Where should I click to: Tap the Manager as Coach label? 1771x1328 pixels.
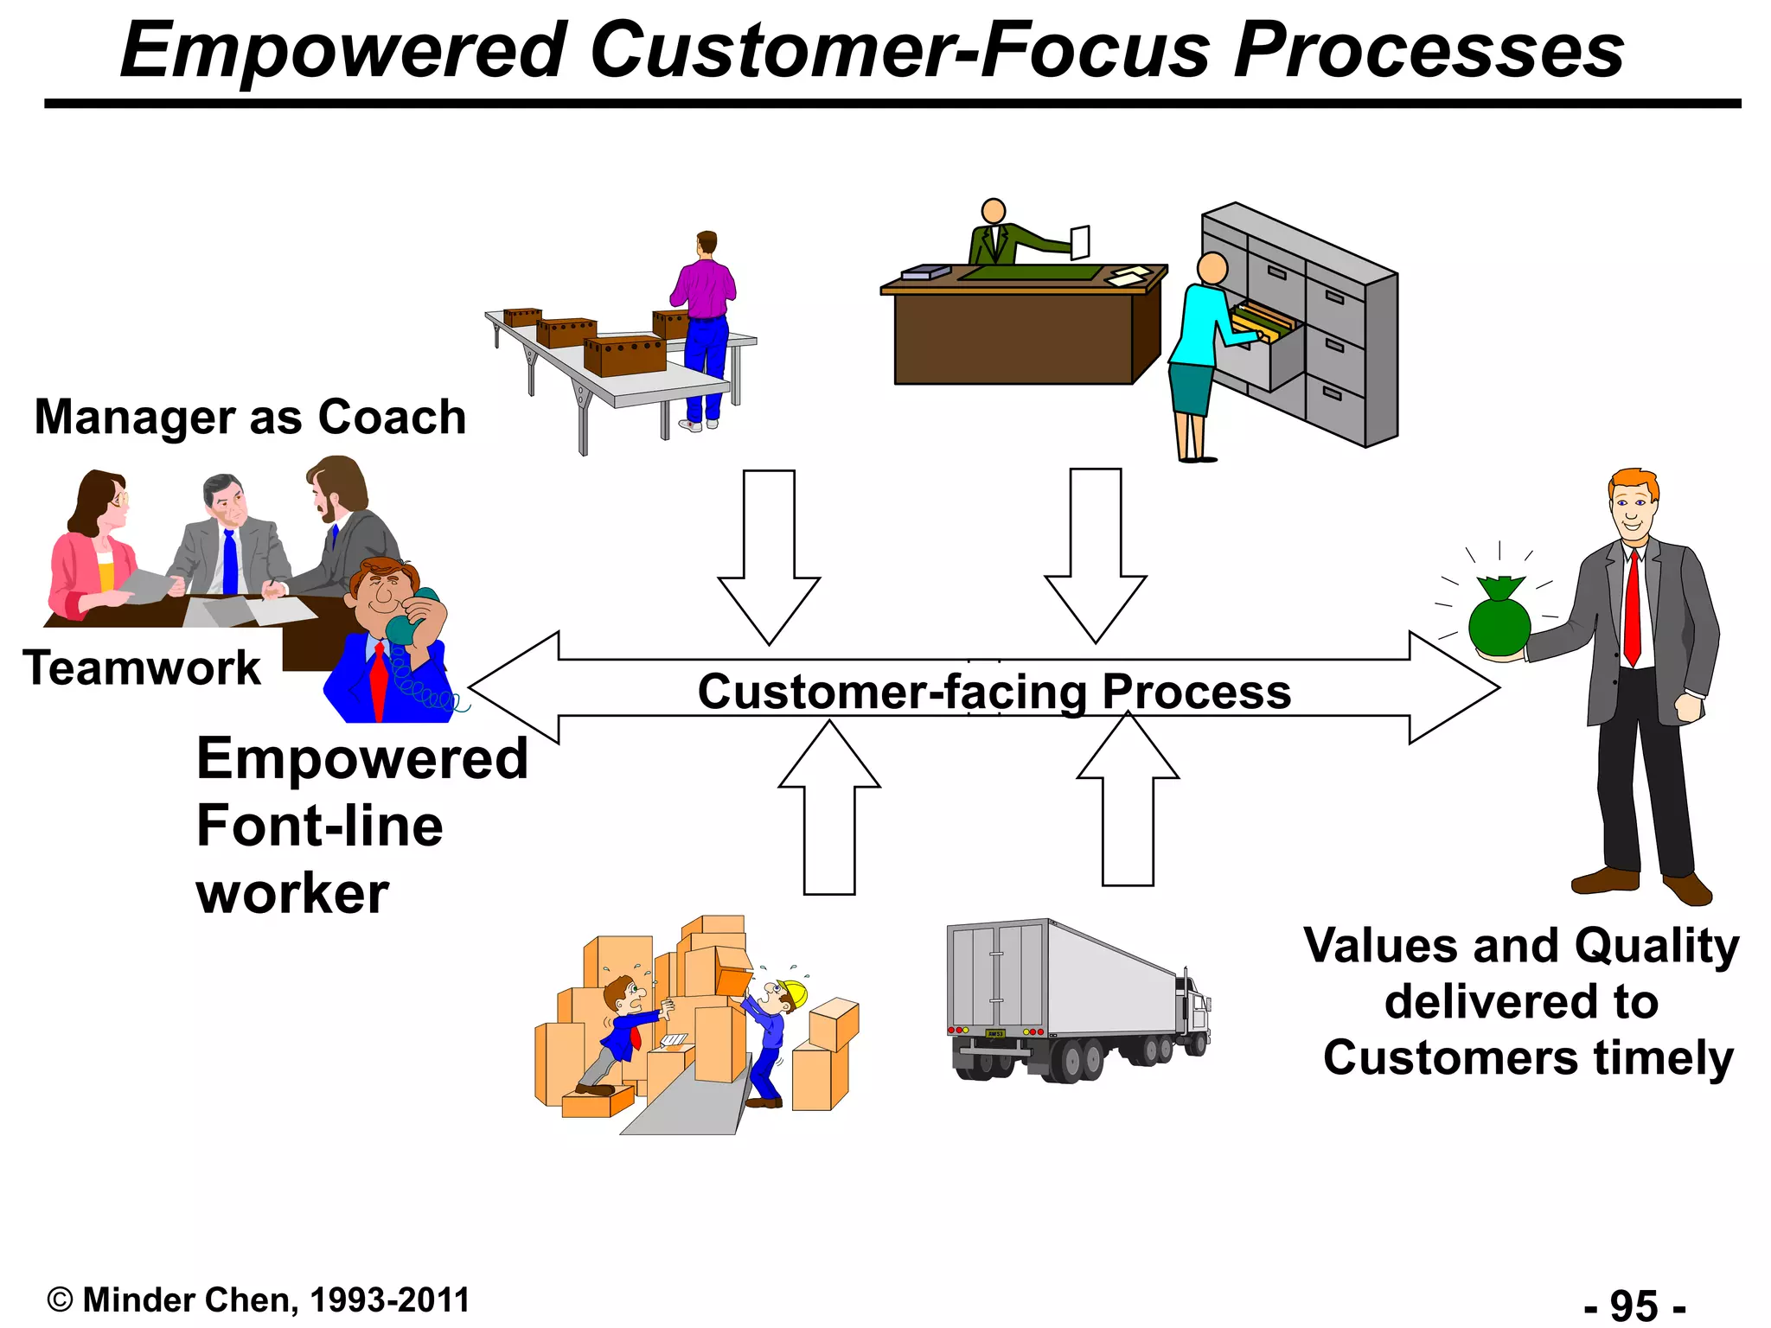[x=250, y=418]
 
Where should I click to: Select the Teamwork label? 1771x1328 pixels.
[x=142, y=668]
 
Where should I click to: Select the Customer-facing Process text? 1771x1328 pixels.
[x=994, y=692]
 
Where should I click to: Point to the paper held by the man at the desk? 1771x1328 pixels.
[x=1080, y=242]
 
